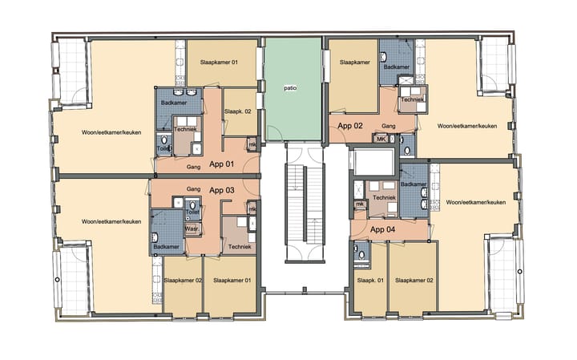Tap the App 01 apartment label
point(221,164)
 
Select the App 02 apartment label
point(350,126)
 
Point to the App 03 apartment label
point(221,190)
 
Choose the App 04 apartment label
point(383,229)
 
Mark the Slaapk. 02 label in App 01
point(238,111)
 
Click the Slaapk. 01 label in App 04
point(369,281)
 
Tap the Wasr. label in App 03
point(192,229)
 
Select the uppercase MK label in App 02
point(381,139)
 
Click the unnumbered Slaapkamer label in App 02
point(353,62)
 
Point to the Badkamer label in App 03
point(167,246)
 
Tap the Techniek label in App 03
point(239,246)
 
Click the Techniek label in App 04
point(385,196)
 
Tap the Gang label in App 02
point(389,126)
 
